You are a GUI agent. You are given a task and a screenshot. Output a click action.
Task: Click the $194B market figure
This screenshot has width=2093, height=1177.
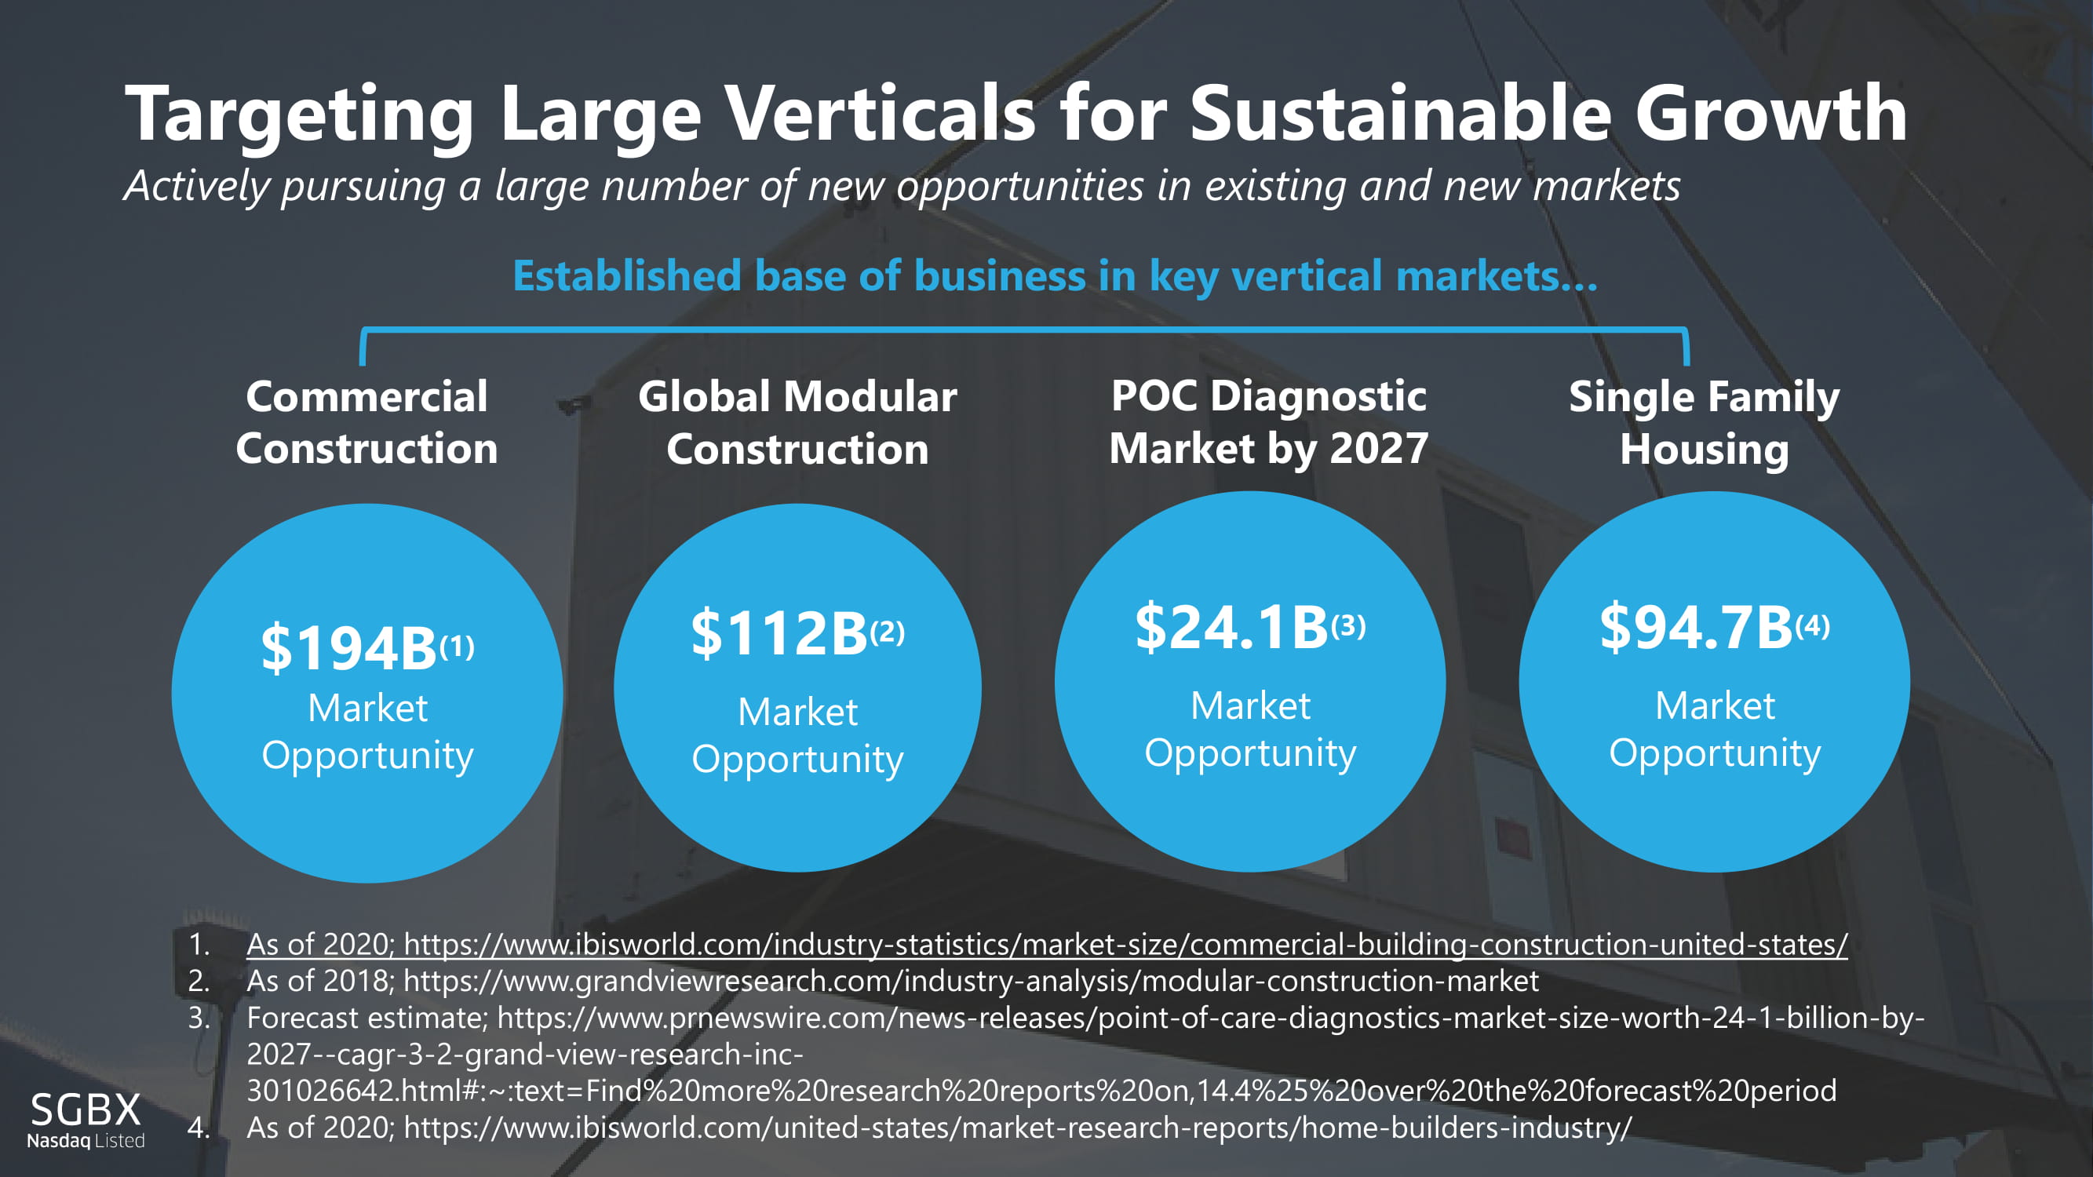(x=349, y=648)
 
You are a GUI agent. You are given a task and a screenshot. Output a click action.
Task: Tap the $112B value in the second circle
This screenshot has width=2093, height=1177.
(x=779, y=632)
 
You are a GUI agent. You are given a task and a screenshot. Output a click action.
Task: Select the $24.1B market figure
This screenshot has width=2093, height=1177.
(x=1231, y=627)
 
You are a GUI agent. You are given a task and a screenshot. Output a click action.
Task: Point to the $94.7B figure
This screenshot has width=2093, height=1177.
(x=1696, y=627)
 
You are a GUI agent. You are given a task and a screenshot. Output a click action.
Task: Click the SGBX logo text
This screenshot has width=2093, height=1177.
(x=86, y=1110)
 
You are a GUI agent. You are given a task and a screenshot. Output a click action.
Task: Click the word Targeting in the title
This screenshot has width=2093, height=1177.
(x=299, y=115)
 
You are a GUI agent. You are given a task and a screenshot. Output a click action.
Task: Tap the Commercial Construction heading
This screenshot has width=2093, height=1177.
(x=367, y=422)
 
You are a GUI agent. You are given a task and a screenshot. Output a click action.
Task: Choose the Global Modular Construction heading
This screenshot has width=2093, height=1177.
(x=797, y=422)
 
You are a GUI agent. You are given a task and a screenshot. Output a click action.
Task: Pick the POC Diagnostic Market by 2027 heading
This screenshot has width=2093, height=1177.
(x=1268, y=422)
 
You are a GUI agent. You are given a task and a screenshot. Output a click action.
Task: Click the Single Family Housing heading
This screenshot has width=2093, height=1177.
(x=1704, y=422)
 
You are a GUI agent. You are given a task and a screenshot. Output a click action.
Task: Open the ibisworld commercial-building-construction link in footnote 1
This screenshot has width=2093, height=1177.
(x=1125, y=944)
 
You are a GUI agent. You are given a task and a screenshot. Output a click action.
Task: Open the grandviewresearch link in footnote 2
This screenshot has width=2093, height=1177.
(x=971, y=982)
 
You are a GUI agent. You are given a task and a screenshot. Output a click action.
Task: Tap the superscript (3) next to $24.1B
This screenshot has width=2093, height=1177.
(x=1349, y=625)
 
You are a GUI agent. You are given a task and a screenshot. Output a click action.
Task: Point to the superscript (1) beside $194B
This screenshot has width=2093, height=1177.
(x=458, y=647)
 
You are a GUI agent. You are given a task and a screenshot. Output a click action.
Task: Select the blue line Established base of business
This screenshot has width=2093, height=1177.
(x=1055, y=276)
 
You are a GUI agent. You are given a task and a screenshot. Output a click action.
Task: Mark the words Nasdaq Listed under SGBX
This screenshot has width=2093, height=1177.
(x=86, y=1140)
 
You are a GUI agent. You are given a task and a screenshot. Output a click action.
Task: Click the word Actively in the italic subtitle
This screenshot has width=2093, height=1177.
(x=197, y=186)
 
